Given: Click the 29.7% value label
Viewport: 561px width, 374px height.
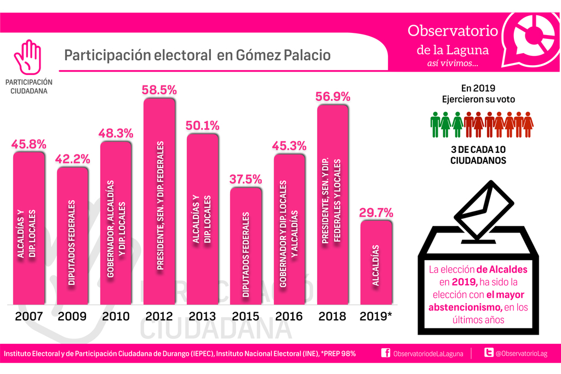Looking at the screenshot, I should (x=376, y=212).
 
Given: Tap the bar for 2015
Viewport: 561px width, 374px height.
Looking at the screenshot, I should (x=246, y=246).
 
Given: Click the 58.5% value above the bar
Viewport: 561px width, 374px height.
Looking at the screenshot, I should (x=159, y=90).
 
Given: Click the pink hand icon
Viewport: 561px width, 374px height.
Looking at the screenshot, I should (x=27, y=57).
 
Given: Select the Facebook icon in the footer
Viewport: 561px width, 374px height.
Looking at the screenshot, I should (x=386, y=354).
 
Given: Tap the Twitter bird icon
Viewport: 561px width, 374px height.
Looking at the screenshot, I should (x=486, y=354).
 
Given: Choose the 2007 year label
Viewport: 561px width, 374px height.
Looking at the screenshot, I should (x=29, y=316).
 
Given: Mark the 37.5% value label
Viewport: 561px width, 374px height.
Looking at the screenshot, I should (x=246, y=180).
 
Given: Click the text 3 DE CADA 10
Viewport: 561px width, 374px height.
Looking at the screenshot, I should (x=478, y=149).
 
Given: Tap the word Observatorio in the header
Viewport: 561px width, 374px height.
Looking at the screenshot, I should (x=453, y=30).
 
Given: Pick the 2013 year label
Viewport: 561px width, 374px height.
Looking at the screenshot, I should (x=203, y=316).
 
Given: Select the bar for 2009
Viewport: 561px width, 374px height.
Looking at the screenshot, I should (x=72, y=235).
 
